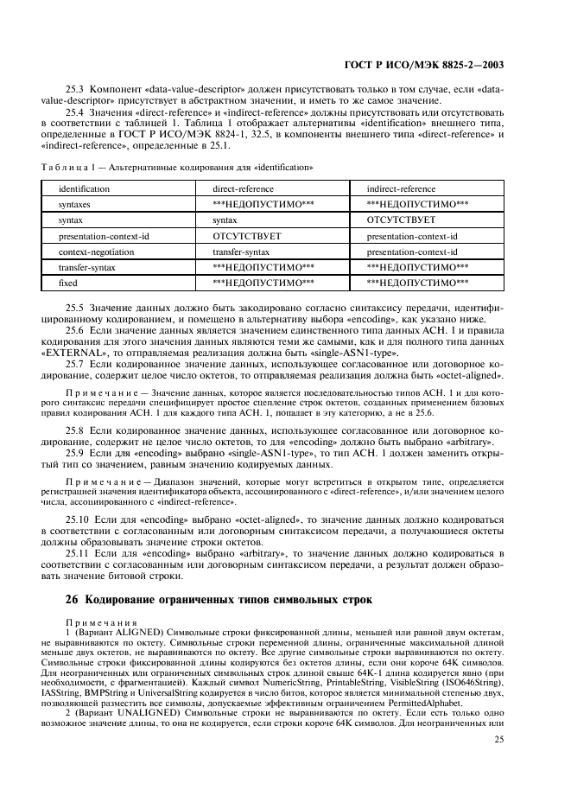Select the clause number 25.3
(x=75, y=90)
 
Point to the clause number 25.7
(x=75, y=366)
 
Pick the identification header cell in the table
(x=84, y=188)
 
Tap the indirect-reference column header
(x=401, y=188)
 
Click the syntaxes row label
(x=75, y=204)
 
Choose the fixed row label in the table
(x=68, y=283)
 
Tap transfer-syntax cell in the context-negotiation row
(x=241, y=252)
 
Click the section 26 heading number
(x=73, y=599)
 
